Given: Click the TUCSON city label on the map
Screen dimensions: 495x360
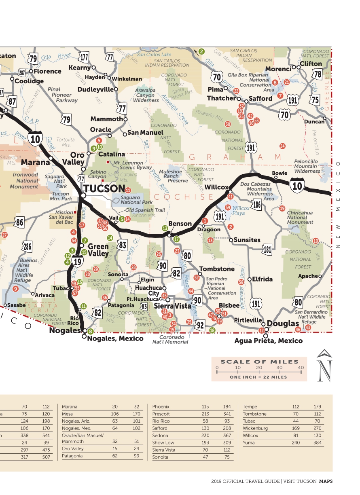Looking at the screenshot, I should [104, 188].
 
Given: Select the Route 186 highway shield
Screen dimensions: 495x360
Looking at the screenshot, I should [256, 205].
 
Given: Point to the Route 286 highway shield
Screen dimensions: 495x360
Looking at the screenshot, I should [27, 246].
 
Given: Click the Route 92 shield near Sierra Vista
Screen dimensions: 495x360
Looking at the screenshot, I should [200, 324].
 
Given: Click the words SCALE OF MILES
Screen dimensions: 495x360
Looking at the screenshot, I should [259, 362].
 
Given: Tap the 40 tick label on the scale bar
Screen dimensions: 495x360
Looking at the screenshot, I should [300, 368].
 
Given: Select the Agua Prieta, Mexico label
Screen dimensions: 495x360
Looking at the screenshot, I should [268, 341].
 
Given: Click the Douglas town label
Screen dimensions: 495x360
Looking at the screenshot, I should [283, 324].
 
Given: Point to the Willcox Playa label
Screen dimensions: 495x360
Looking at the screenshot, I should [241, 211].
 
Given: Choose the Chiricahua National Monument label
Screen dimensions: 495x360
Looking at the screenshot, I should [300, 218].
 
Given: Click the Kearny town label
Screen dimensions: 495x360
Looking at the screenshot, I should [79, 68].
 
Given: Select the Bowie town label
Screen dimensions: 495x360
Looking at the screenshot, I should [280, 173].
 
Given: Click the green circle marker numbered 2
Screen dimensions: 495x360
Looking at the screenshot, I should [201, 51].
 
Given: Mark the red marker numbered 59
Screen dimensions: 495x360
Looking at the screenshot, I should [228, 207].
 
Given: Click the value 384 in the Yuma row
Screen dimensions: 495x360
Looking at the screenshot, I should [317, 443].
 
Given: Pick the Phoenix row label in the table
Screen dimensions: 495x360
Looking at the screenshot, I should [161, 406].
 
